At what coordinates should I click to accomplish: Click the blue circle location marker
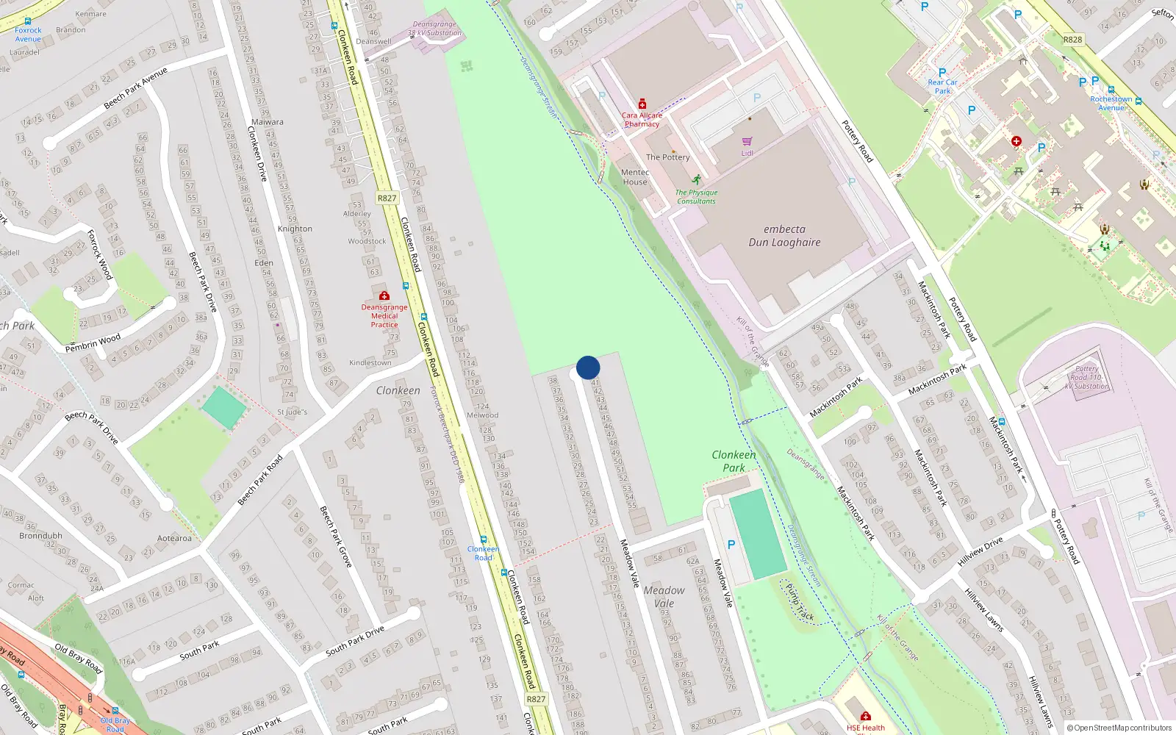click(x=588, y=367)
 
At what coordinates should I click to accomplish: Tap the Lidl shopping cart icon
click(x=747, y=141)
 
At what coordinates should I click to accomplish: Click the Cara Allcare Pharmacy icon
click(x=642, y=104)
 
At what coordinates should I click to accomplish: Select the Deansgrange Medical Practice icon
click(x=384, y=296)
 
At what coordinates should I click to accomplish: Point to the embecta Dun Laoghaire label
click(x=784, y=236)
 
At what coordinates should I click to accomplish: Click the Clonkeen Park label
click(x=734, y=461)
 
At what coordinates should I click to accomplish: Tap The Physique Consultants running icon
click(x=696, y=179)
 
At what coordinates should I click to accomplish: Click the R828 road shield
click(x=1072, y=40)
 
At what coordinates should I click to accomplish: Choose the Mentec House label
click(x=635, y=177)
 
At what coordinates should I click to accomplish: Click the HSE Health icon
click(x=865, y=716)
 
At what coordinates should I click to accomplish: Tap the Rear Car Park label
click(x=942, y=87)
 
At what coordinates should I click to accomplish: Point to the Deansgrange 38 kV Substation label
click(x=434, y=29)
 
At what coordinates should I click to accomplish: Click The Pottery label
click(x=667, y=157)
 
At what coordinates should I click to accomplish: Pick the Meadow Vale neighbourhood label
click(x=664, y=596)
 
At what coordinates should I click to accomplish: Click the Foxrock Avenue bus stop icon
click(x=28, y=22)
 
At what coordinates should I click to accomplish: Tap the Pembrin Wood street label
click(x=93, y=343)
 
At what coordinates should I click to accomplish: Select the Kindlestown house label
click(x=370, y=363)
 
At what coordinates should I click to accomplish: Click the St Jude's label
click(x=292, y=412)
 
